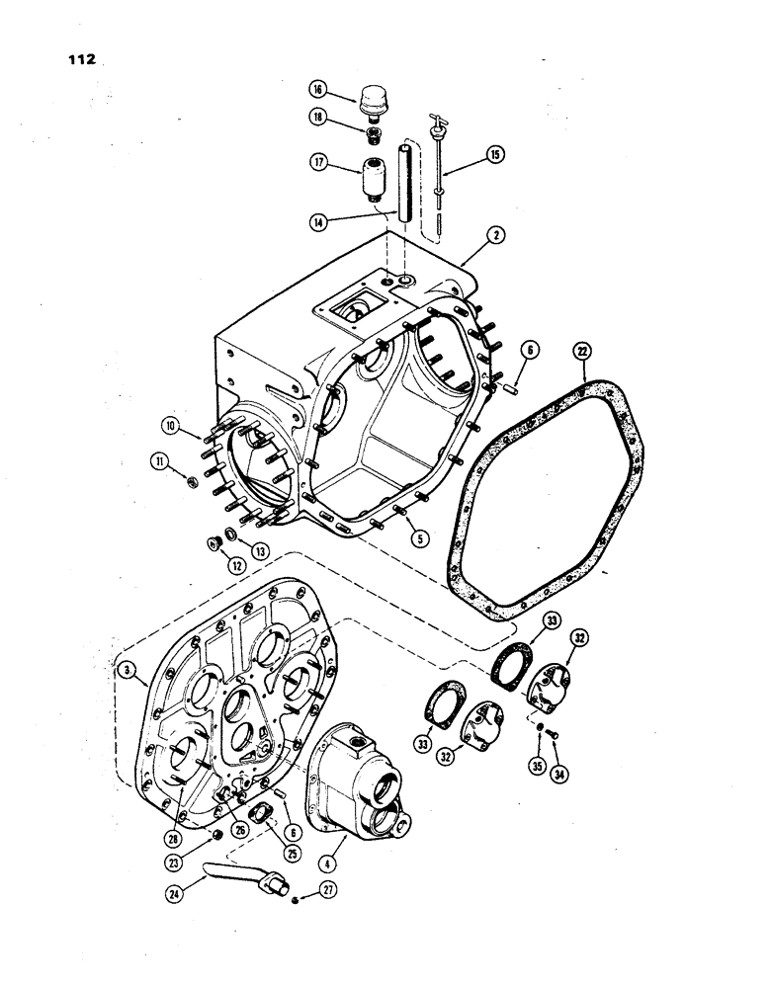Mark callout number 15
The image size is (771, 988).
click(x=493, y=155)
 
